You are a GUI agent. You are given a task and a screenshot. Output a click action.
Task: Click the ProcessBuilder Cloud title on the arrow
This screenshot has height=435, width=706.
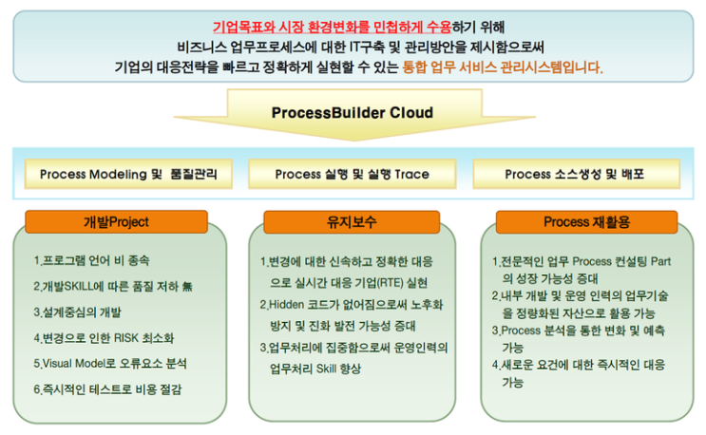point(352,113)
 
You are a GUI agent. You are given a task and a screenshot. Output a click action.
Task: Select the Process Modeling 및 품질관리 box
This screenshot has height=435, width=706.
point(128,174)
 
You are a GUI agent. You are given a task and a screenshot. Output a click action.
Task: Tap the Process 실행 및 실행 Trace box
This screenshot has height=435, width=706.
point(353,174)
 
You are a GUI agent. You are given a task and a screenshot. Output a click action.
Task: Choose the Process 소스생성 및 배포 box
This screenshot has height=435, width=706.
point(574,174)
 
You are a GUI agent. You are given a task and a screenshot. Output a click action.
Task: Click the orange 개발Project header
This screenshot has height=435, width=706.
point(116,222)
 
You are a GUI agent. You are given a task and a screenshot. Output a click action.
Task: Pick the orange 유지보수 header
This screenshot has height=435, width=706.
point(351,222)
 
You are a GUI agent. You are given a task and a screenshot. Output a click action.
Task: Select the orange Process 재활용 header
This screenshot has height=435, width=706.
point(586,222)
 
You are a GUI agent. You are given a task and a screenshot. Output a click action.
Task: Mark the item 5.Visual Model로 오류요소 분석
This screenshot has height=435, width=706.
point(109,363)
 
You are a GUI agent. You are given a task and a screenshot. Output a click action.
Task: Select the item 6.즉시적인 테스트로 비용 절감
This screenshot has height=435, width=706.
point(106,388)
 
